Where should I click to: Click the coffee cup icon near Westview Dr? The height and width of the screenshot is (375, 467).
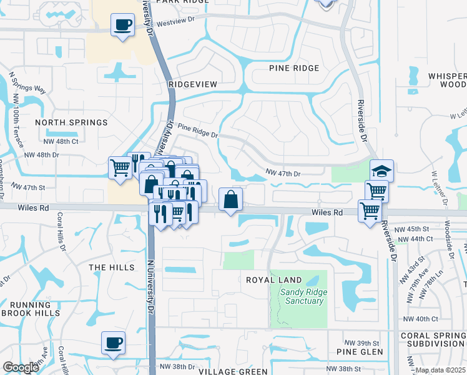122,26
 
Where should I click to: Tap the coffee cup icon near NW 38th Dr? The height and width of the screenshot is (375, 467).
114,342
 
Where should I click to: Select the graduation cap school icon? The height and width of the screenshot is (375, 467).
382,171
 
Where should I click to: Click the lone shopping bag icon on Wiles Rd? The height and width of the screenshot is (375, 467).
231,199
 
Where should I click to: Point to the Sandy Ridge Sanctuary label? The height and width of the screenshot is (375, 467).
302,296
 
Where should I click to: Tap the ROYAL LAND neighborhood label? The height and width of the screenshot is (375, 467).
273,280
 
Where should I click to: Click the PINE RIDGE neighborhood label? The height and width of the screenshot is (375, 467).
294,68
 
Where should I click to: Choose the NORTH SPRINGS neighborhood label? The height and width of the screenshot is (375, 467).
72,122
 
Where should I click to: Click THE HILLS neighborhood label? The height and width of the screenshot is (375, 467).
112,267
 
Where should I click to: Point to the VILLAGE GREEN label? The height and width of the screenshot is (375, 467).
233,371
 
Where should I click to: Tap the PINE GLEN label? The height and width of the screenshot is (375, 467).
355,352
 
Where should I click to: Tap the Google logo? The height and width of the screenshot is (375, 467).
21,367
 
